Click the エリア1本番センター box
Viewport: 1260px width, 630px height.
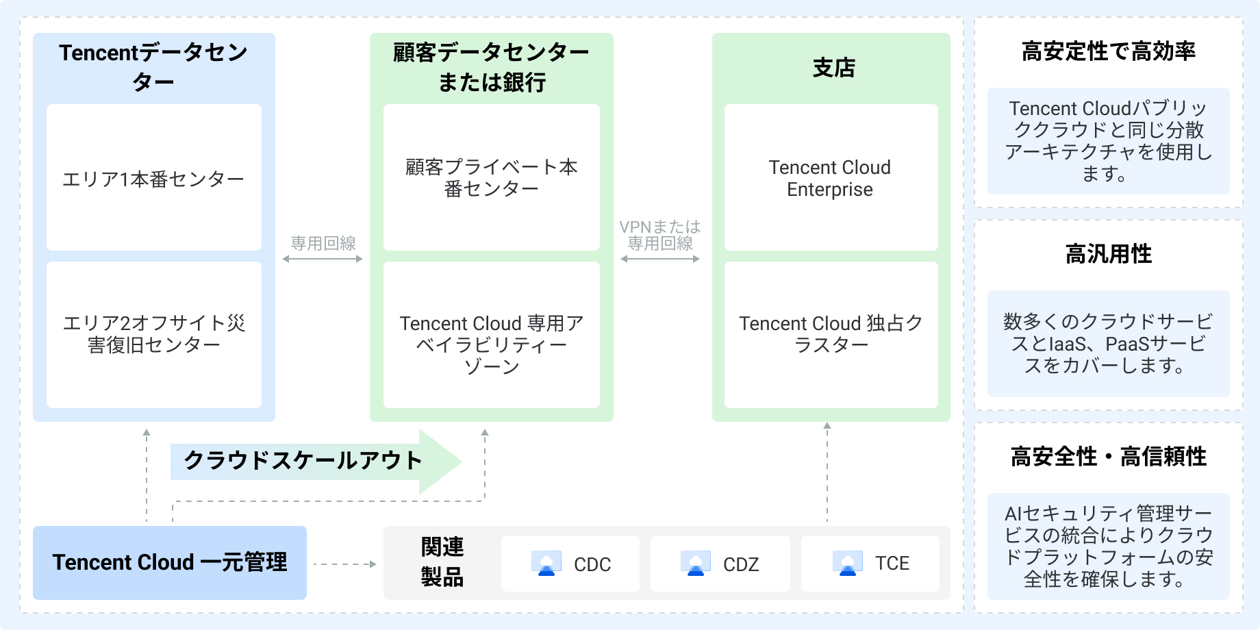(153, 178)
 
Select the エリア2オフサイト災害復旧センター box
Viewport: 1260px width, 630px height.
(153, 334)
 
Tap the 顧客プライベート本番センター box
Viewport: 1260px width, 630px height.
(491, 177)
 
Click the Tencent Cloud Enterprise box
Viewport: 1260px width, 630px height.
(830, 178)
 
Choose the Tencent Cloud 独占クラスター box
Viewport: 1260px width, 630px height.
(830, 334)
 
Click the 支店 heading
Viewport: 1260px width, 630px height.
(833, 68)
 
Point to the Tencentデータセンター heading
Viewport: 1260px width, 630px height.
(153, 66)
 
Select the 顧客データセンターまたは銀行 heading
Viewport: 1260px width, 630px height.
(491, 66)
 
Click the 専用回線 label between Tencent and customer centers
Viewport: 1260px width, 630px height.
(323, 243)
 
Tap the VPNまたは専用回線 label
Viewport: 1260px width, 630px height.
(660, 235)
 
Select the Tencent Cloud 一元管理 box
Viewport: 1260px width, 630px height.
(170, 562)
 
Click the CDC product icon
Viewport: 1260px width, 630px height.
(546, 564)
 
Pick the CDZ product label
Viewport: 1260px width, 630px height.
(741, 564)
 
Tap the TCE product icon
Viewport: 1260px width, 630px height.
(847, 564)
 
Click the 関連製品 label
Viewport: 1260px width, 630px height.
(442, 562)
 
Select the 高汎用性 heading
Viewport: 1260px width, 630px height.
(1108, 254)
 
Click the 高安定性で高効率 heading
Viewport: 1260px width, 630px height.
(1108, 51)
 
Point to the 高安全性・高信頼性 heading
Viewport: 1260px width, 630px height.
(1108, 457)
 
